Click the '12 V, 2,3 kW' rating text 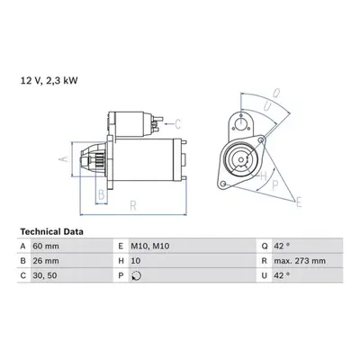tap(49, 81)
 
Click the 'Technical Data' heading tap(52, 231)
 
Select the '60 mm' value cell tap(46, 247)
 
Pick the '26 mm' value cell tap(46, 261)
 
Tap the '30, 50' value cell tap(45, 275)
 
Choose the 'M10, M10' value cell tap(150, 247)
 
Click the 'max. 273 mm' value tap(300, 261)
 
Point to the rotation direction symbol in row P tap(137, 275)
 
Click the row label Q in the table tap(265, 247)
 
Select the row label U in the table tap(265, 275)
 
